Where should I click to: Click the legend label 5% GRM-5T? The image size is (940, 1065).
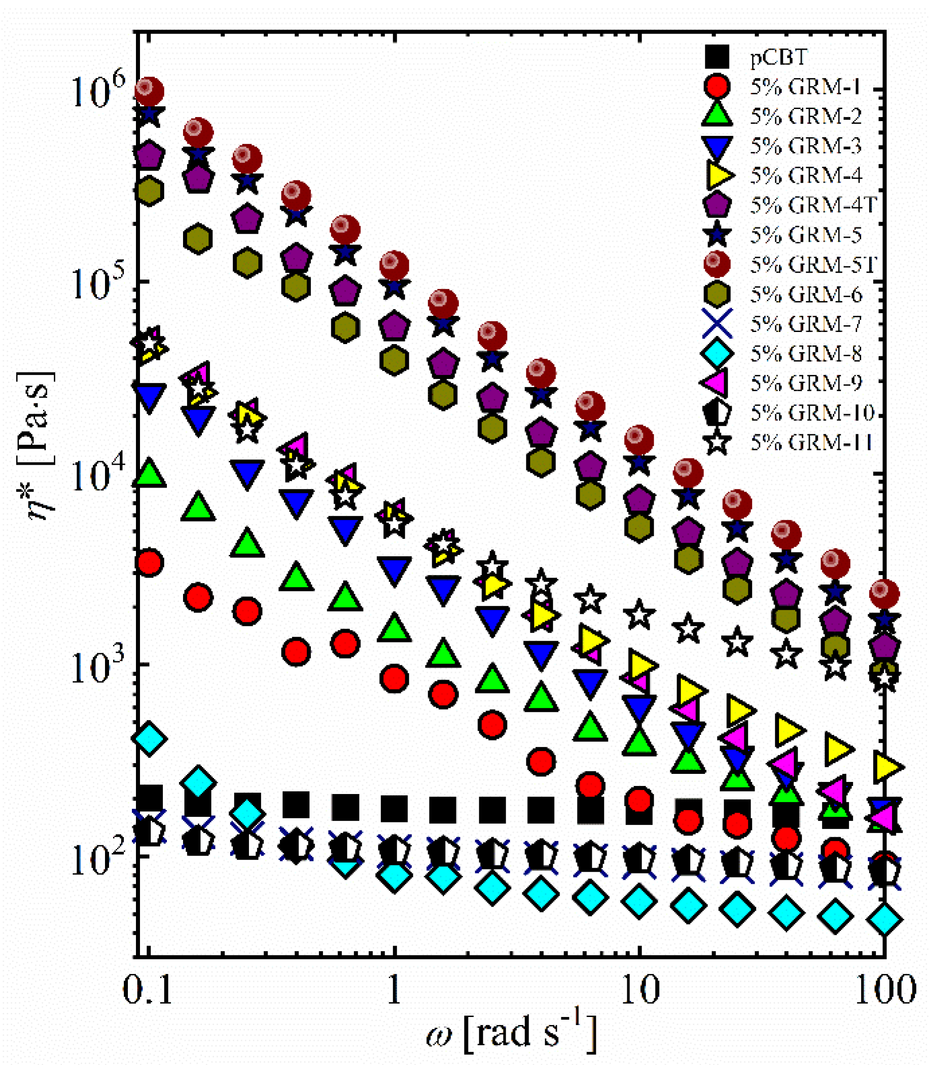pyautogui.click(x=813, y=265)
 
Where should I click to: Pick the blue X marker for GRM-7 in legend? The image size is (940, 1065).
pyautogui.click(x=717, y=323)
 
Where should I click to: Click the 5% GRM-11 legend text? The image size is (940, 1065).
pyautogui.click(x=811, y=442)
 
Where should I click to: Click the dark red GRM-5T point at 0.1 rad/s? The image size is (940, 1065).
pyautogui.click(x=149, y=91)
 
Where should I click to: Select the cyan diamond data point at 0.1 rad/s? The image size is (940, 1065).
pyautogui.click(x=149, y=738)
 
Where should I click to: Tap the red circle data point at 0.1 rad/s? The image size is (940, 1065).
pyautogui.click(x=149, y=563)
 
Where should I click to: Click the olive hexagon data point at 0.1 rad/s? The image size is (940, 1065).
pyautogui.click(x=149, y=191)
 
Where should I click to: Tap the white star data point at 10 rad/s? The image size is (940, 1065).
pyautogui.click(x=639, y=615)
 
